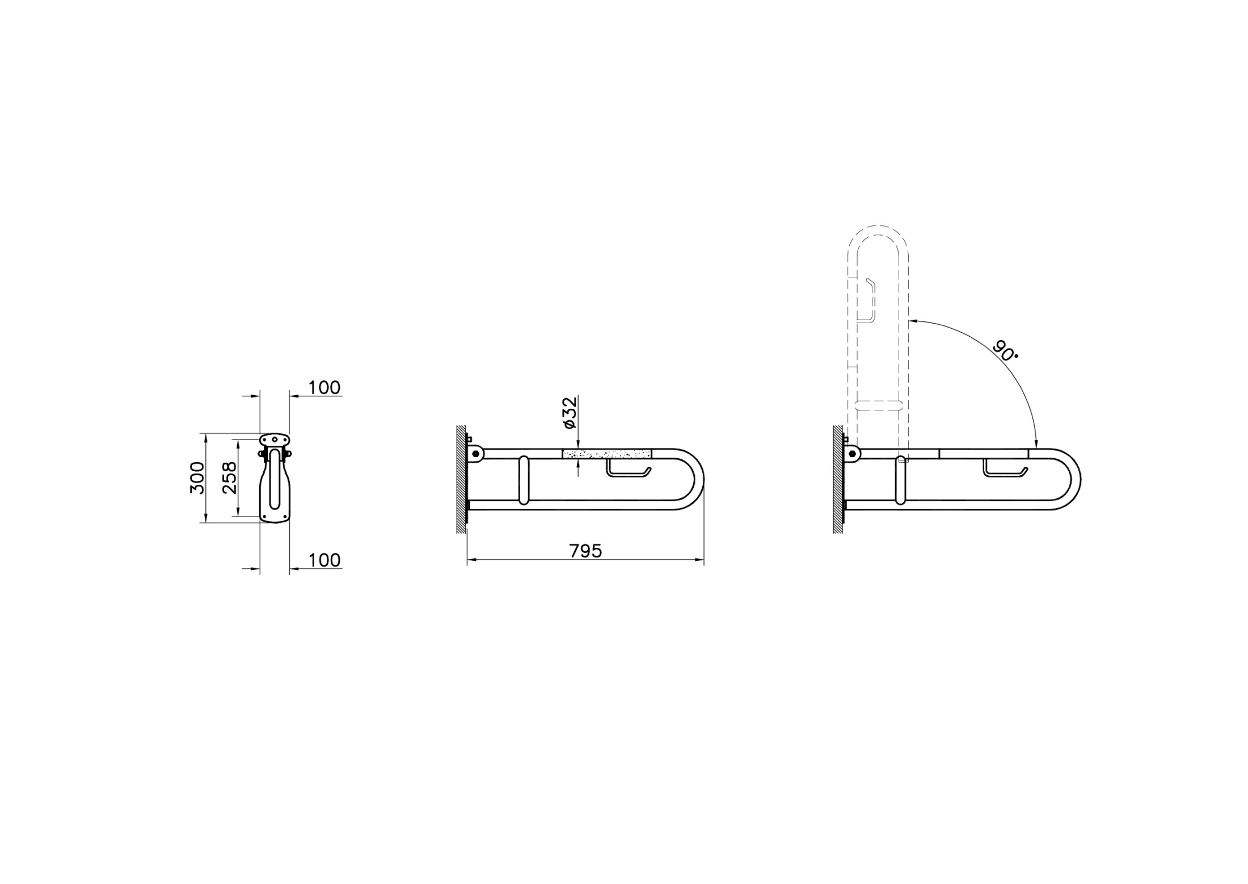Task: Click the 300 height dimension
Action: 197,477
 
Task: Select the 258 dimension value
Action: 230,477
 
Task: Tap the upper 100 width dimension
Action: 324,388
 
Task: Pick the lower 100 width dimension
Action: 324,560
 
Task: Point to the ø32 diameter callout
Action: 570,413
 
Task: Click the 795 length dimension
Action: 585,551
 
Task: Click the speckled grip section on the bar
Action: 607,454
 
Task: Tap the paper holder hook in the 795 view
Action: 629,468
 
